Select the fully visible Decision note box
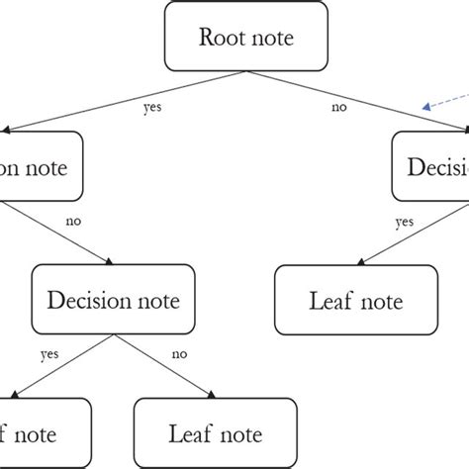pos(113,300)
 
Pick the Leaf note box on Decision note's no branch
pos(215,433)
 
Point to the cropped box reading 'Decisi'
pos(431,167)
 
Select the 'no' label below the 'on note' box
pos(72,223)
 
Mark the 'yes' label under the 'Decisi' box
pos(405,223)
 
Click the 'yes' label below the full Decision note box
pos(48,353)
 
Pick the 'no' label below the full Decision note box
pos(179,353)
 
